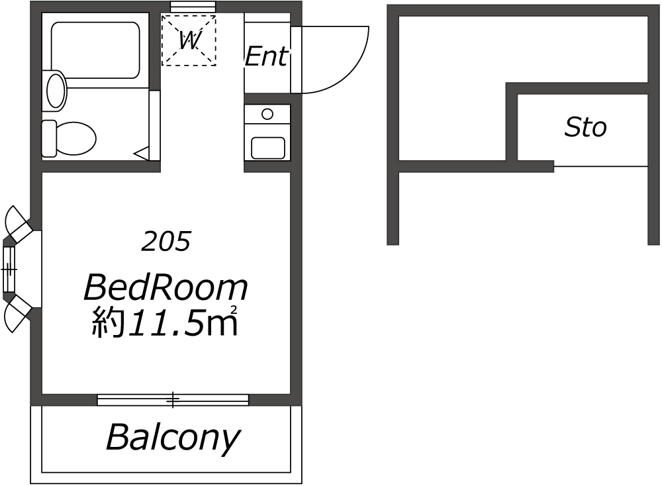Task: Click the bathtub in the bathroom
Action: (95, 50)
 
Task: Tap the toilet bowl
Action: (75, 138)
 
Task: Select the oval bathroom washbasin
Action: (56, 91)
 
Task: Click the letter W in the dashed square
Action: (189, 40)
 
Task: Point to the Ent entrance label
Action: (267, 56)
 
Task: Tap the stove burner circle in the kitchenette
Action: (267, 114)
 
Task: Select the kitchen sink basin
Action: (267, 148)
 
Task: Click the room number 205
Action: (166, 242)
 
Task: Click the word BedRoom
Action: (166, 287)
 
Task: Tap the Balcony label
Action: (173, 438)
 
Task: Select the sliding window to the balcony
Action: (173, 399)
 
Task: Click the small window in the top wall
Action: (193, 7)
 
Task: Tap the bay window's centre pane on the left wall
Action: (9, 269)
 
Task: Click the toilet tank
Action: (49, 138)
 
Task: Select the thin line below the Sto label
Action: (600, 166)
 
